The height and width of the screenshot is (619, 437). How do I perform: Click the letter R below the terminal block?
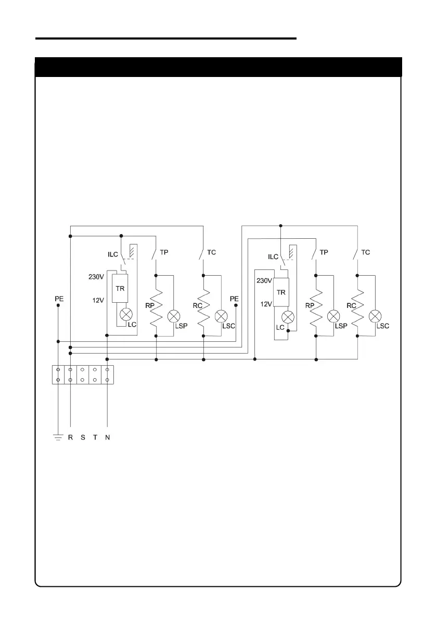(x=70, y=437)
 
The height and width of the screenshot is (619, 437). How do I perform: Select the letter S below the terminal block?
(x=83, y=437)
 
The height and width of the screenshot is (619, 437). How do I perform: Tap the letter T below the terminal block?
(x=95, y=437)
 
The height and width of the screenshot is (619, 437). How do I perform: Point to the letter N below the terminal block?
(x=107, y=437)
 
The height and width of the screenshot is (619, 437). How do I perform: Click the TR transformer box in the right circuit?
(x=281, y=292)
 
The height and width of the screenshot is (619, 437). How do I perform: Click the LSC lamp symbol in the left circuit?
(x=222, y=316)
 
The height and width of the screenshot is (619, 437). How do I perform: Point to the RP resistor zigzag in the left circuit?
(x=157, y=307)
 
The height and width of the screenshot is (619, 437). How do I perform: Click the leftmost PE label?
(x=59, y=299)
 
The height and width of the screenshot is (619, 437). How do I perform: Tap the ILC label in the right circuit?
(x=273, y=256)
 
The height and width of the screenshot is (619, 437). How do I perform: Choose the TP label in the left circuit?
(x=164, y=252)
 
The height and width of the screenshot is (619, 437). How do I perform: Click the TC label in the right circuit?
(x=366, y=252)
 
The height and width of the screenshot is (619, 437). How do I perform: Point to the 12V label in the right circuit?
(x=265, y=304)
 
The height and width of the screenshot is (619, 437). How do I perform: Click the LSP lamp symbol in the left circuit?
(x=174, y=316)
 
